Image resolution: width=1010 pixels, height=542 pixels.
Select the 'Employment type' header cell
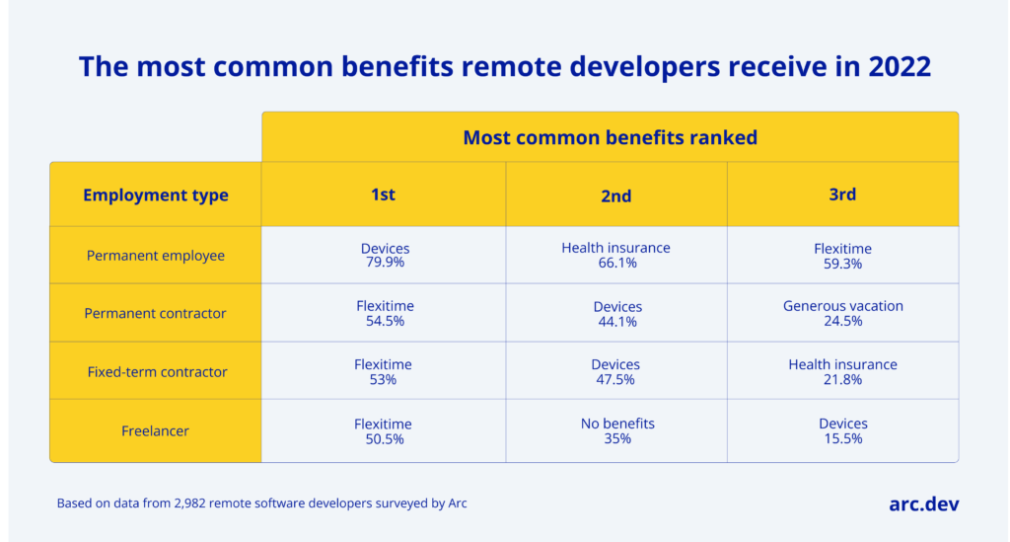156,194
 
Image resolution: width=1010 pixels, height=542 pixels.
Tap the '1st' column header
383,194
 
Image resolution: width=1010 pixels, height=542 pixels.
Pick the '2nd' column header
616,195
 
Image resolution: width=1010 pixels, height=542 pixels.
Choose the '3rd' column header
842,194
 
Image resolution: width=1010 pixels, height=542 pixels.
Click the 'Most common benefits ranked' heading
610,137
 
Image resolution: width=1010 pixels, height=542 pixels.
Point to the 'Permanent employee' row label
156,256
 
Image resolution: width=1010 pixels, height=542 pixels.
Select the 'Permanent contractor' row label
156,313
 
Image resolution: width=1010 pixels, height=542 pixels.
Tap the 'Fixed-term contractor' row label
156,372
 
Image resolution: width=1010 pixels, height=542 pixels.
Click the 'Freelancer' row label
156,431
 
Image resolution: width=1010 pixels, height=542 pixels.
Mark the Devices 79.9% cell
384,256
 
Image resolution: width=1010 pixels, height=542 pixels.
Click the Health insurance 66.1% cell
616,256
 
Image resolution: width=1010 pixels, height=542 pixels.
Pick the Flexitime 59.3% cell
842,256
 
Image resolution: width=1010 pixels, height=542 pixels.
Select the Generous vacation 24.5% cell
842,313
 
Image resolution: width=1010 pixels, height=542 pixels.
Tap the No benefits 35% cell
616,430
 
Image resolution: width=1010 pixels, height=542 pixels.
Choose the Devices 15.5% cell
842,430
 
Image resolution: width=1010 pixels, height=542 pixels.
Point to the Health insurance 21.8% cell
842,372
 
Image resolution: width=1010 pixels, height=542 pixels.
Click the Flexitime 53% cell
384,372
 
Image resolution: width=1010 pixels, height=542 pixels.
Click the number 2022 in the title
895,67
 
